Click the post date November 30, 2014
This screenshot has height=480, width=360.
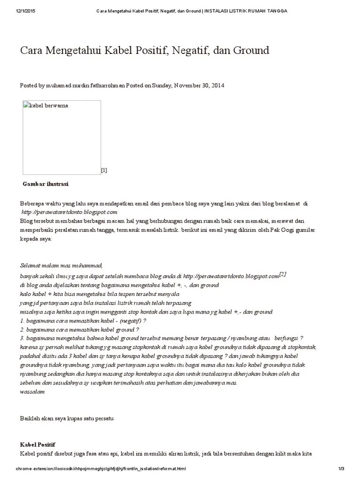point(199,86)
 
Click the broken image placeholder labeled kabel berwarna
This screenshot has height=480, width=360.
point(61,137)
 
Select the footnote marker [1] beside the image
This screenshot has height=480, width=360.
point(104,170)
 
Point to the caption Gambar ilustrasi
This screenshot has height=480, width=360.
point(45,184)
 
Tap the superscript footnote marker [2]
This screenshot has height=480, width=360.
point(283,274)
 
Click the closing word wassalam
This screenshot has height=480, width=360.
point(32,392)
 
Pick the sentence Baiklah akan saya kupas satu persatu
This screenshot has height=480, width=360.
point(67,418)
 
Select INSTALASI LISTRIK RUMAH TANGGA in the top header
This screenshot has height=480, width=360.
point(245,11)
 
